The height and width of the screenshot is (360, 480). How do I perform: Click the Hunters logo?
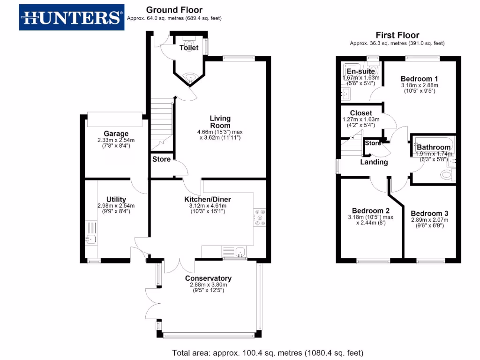[x=71, y=17]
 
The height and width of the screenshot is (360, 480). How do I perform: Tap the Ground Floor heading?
[x=174, y=10]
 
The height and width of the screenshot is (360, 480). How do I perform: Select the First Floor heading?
[x=397, y=35]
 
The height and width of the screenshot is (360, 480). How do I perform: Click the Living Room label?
[x=220, y=122]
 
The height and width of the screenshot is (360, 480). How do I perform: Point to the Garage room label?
[x=116, y=133]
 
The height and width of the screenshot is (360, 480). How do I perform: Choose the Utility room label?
[x=116, y=199]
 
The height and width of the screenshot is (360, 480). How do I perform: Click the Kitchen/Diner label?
[x=207, y=199]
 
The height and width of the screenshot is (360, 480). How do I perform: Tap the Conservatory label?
[x=208, y=278]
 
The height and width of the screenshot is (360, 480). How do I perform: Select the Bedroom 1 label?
[x=419, y=79]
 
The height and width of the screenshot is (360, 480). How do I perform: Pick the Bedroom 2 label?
[x=371, y=210]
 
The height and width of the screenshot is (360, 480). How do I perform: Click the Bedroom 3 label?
[x=429, y=213]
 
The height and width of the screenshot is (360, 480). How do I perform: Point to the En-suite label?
[x=360, y=71]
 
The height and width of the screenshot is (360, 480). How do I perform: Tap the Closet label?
[x=361, y=113]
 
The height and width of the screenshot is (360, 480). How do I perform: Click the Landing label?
[x=374, y=162]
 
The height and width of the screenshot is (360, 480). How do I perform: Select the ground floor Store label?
[x=161, y=159]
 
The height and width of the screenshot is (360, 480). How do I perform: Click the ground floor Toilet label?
[x=189, y=48]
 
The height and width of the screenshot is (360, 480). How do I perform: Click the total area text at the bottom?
[x=268, y=352]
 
